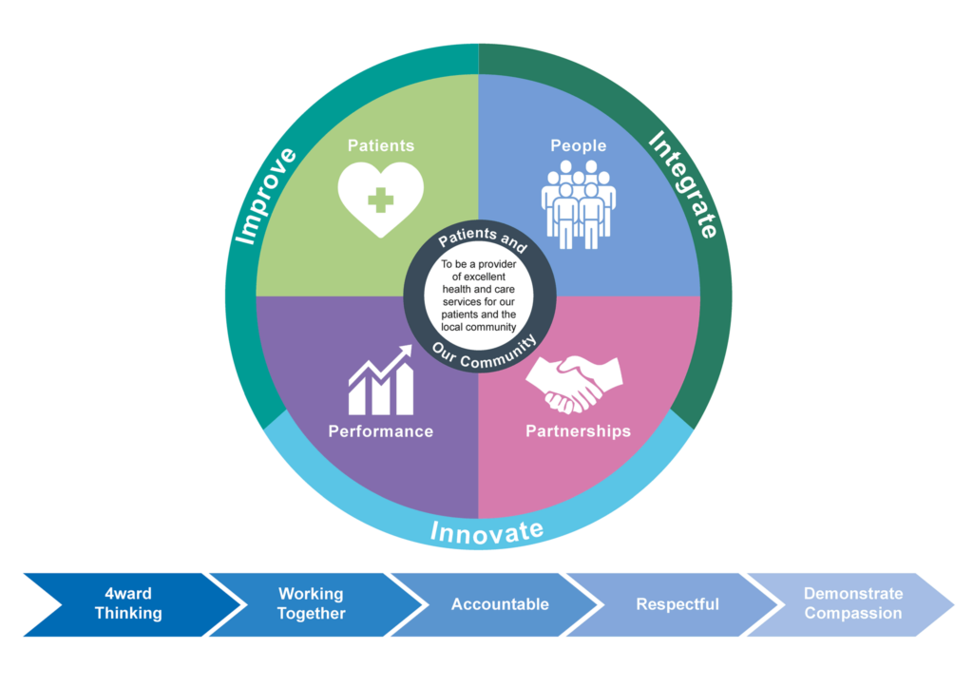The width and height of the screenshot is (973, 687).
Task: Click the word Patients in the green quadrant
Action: click(380, 145)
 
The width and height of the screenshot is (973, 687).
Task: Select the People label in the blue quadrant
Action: click(578, 145)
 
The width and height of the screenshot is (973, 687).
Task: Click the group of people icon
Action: click(578, 203)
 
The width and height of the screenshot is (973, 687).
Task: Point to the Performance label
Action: click(380, 431)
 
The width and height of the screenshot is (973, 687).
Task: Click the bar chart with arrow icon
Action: click(381, 381)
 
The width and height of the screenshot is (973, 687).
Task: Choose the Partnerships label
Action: click(578, 431)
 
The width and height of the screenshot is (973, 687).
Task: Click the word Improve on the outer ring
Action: click(265, 195)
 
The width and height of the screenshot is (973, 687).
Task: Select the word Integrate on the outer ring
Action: click(683, 184)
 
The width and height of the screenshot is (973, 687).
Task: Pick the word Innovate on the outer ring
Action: click(486, 531)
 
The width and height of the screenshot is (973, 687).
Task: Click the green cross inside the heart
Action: click(381, 200)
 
